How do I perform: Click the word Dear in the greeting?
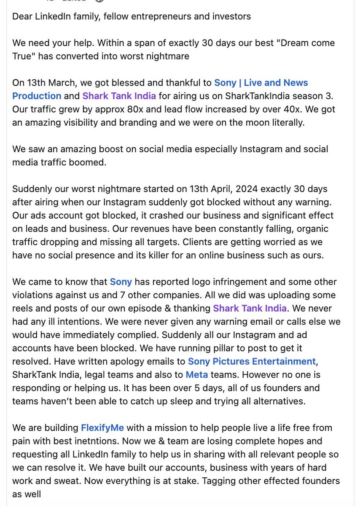pyautogui.click(x=22, y=16)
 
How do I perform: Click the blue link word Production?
pyautogui.click(x=37, y=96)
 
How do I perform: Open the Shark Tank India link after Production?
pyautogui.click(x=119, y=96)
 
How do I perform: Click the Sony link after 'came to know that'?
pyautogui.click(x=121, y=281)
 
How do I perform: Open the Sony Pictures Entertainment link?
pyautogui.click(x=252, y=361)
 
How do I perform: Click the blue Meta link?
pyautogui.click(x=196, y=374)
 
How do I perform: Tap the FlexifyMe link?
pyautogui.click(x=102, y=428)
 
